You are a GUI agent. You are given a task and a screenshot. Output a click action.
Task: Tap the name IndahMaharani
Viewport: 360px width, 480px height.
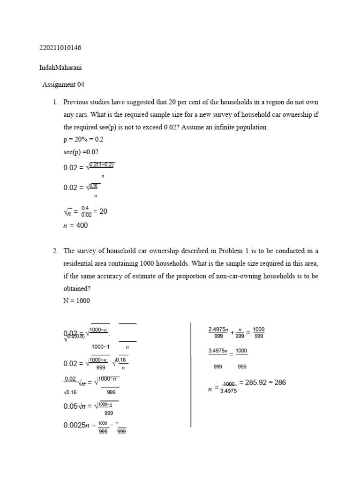[61, 67]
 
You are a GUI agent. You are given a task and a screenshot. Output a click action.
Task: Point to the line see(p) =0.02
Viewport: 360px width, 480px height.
[81, 152]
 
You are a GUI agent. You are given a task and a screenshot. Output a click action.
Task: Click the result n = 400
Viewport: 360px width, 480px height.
[75, 225]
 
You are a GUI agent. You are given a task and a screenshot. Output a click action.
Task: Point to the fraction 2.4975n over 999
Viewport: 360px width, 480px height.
[217, 332]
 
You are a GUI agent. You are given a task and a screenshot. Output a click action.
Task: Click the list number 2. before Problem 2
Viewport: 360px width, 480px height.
[55, 251]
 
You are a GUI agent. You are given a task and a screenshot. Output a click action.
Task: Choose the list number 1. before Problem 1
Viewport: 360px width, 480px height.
[55, 102]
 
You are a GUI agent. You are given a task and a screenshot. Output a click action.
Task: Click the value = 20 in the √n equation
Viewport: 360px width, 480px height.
[100, 211]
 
